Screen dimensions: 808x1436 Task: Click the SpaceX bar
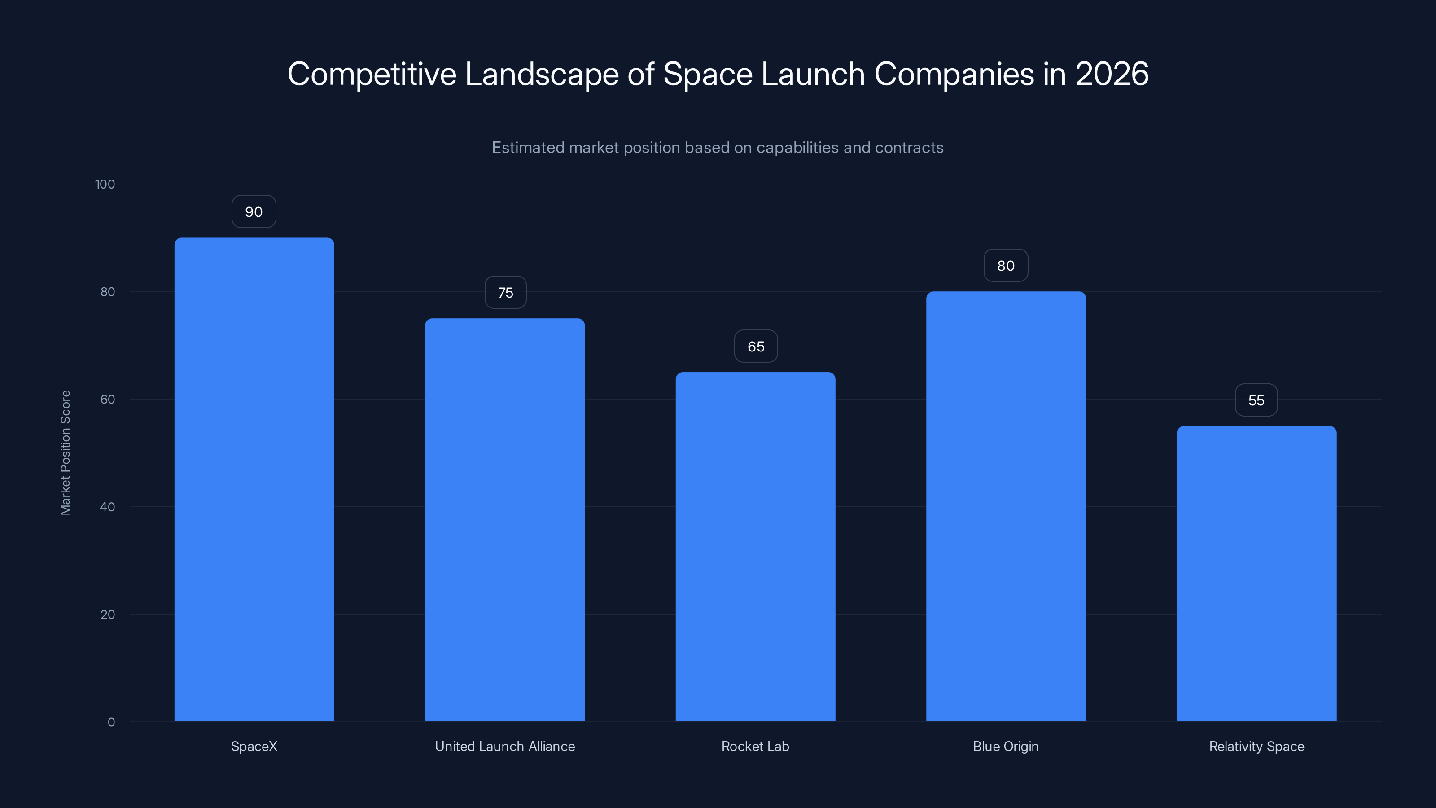pyautogui.click(x=254, y=479)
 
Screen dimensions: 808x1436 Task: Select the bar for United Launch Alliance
pyautogui.click(x=504, y=520)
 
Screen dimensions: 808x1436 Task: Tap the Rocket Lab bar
pyautogui.click(x=755, y=546)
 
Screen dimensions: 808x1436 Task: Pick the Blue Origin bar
pyautogui.click(x=1006, y=506)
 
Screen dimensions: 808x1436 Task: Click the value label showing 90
pyautogui.click(x=254, y=212)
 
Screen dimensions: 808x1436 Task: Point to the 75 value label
pyautogui.click(x=505, y=293)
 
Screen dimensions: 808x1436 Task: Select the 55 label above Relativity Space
pyautogui.click(x=1256, y=400)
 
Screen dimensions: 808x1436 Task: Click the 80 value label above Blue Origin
pyautogui.click(x=1006, y=266)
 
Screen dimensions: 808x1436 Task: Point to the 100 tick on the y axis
pyautogui.click(x=105, y=184)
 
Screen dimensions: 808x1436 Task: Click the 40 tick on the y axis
pyautogui.click(x=107, y=507)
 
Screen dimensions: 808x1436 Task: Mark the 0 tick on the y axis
pyautogui.click(x=111, y=722)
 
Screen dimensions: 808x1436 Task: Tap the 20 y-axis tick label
pyautogui.click(x=107, y=615)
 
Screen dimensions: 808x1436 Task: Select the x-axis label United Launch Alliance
pyautogui.click(x=504, y=746)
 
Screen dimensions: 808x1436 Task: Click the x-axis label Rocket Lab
pyautogui.click(x=755, y=746)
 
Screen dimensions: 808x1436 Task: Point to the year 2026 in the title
pyautogui.click(x=1112, y=74)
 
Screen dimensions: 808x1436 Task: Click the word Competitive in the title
pyautogui.click(x=371, y=74)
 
